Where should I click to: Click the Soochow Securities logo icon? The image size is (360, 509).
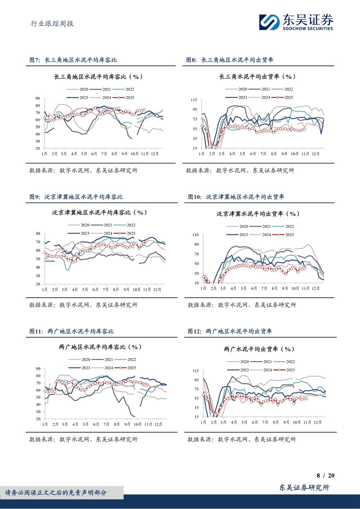(x=270, y=22)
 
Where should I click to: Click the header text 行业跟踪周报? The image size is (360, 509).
(x=52, y=24)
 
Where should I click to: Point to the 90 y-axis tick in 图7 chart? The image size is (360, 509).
(x=38, y=98)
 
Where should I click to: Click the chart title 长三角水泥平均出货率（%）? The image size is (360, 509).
(x=258, y=77)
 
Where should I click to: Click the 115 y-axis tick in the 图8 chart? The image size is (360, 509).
(x=194, y=100)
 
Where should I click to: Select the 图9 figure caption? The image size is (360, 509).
(x=76, y=197)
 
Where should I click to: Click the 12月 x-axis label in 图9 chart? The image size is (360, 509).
(x=157, y=289)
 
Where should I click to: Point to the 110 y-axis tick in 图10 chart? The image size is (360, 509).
(x=195, y=235)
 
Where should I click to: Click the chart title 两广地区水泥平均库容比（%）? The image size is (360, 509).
(x=100, y=347)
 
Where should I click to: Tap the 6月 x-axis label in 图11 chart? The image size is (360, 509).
(x=96, y=424)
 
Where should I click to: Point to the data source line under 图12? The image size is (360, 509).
(x=242, y=439)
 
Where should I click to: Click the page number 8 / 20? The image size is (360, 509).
(x=325, y=476)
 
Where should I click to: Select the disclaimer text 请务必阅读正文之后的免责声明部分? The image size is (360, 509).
(x=56, y=492)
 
